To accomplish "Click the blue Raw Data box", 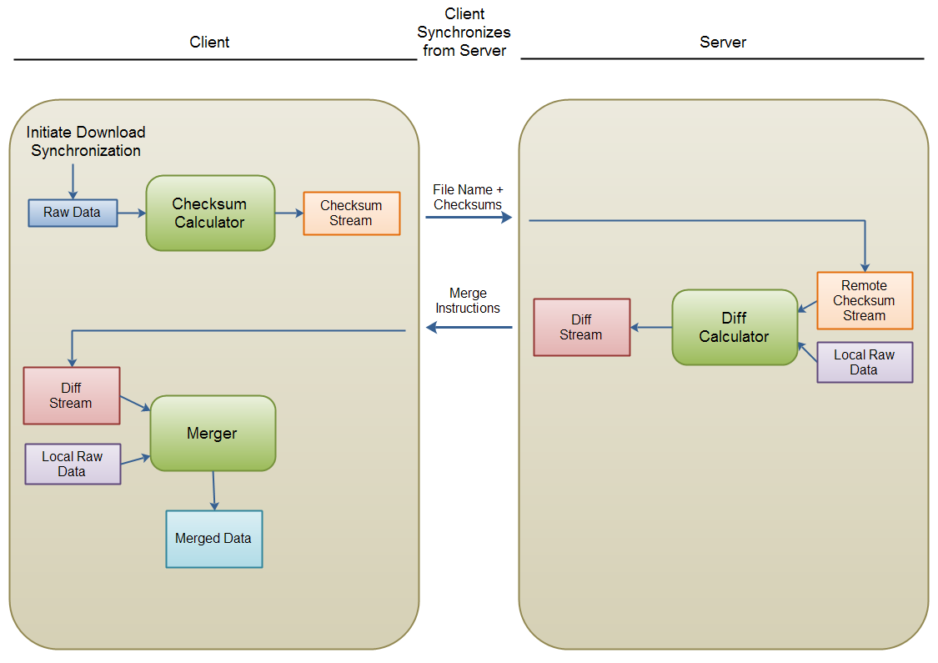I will coord(73,213).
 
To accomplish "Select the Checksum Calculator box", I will coord(210,213).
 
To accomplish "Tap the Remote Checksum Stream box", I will coord(865,300).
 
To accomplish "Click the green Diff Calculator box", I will coord(734,327).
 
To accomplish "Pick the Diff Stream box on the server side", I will coord(581,328).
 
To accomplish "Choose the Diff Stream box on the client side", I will coord(72,396).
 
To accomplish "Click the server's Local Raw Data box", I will coord(865,362).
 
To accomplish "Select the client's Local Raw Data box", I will coord(73,464).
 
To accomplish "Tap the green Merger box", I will coord(212,433).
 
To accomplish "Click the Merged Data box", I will coord(213,539).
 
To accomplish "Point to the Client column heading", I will coord(209,43).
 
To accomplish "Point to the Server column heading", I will coord(723,43).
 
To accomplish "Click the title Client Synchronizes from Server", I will coord(464,33).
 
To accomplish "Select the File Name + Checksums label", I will coord(468,198).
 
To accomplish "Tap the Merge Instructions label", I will coord(468,301).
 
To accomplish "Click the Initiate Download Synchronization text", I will coord(86,142).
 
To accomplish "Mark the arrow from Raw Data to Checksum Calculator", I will coord(132,213).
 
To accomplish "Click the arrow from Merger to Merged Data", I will coord(214,490).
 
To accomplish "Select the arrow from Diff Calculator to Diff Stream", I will coord(651,328).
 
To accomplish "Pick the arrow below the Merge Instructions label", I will coord(469,328).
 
